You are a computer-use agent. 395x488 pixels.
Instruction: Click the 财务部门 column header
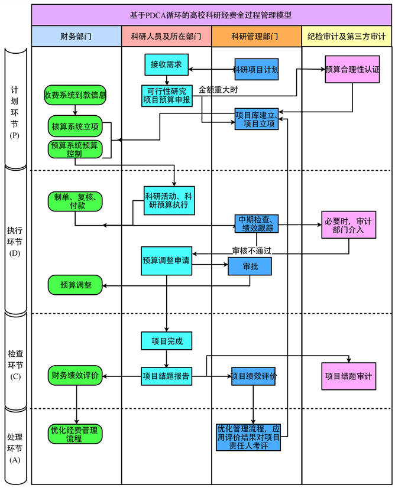point(76,37)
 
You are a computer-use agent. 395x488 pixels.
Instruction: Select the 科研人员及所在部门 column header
point(166,37)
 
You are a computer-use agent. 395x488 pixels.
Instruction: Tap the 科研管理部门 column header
point(256,37)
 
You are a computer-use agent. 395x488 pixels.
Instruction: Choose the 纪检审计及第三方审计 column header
point(347,37)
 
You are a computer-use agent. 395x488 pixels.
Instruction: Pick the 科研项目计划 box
point(256,69)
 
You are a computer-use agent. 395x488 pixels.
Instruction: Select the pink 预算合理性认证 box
point(352,69)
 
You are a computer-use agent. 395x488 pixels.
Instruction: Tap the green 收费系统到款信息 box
point(75,95)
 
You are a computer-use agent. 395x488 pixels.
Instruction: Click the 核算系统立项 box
point(75,126)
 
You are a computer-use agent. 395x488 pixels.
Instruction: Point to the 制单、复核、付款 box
point(75,201)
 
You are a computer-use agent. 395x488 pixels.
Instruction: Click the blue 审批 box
point(250,266)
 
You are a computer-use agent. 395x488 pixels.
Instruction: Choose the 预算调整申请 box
point(166,261)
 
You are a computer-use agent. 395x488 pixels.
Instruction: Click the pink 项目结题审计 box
point(348,376)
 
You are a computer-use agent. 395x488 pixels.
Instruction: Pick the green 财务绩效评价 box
point(75,375)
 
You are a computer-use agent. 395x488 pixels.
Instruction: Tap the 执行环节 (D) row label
point(16,242)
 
